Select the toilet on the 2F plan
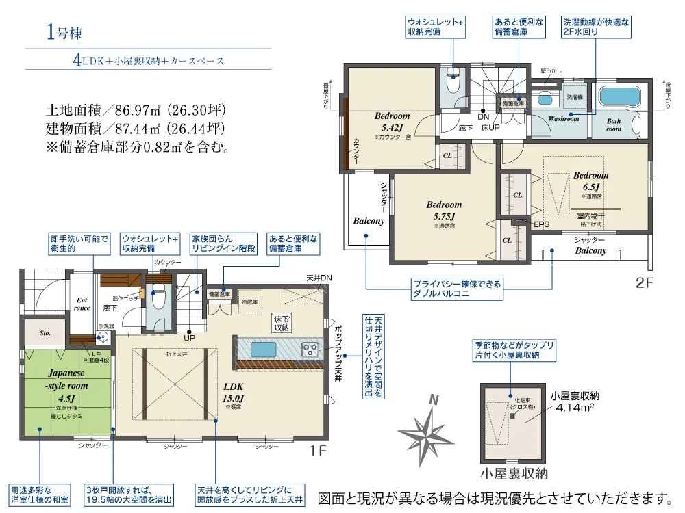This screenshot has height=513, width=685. (x=453, y=81)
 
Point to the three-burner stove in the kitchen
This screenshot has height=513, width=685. (x=310, y=349)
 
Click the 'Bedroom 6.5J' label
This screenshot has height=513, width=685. (x=590, y=181)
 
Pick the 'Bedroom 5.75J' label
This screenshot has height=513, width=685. (x=444, y=209)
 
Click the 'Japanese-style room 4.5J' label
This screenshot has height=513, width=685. (x=66, y=386)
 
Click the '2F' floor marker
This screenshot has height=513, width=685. (x=646, y=281)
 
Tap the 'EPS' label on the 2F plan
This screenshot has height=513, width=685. (x=541, y=224)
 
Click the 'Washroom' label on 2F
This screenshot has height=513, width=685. (x=563, y=118)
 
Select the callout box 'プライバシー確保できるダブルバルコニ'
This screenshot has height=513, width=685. (x=456, y=288)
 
